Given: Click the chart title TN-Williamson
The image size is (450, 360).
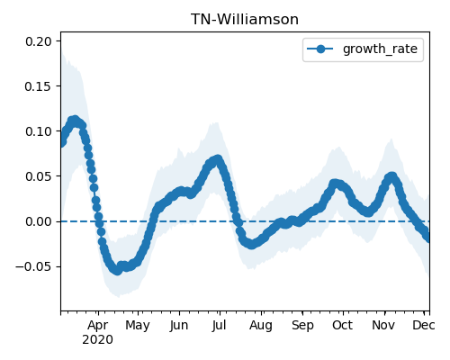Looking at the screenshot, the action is pos(245,20).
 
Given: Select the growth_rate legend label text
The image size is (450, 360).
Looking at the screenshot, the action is pos(380,49).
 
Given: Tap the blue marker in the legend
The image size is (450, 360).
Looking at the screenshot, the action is pos(320,49).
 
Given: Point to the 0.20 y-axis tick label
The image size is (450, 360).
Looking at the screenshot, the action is pos(39,41).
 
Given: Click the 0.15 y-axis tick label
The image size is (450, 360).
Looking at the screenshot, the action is pos(39,86).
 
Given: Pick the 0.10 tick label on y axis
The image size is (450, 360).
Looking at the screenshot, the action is pos(39,131).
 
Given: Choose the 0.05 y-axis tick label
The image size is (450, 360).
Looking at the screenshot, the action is pos(39,176).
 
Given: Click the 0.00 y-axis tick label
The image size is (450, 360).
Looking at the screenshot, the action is pos(39,221).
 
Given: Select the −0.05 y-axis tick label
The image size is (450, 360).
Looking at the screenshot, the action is pos(34,266).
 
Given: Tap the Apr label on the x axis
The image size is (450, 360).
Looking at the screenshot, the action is pos(98,326).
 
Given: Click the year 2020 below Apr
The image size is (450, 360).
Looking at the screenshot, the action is pos(98,340).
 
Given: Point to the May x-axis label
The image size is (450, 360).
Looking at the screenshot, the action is pos(138,326).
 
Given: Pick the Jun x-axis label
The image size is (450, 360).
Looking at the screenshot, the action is pos(179,326).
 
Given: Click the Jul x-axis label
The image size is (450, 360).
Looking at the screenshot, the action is pos(219,326).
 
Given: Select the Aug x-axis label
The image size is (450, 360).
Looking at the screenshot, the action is pos(261,326).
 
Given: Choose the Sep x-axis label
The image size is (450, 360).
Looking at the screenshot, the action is pos(302,326).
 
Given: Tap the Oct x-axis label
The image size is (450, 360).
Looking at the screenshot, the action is pos(342,326).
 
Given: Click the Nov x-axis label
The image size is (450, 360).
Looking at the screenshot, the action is pos(383,326).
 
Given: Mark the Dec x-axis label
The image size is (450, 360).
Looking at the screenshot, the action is pos(424,326).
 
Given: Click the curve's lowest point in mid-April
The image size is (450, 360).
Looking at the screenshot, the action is pos(117,271).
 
